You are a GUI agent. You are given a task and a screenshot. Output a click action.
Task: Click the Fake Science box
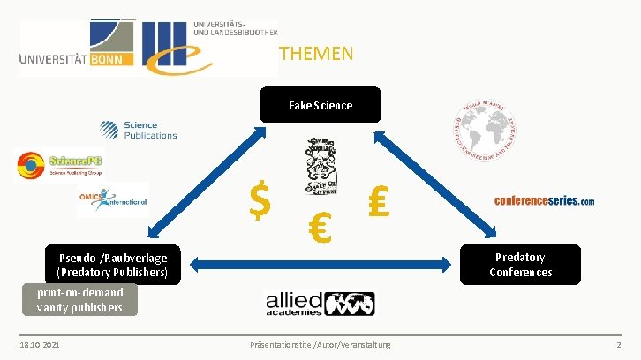coord(320,105)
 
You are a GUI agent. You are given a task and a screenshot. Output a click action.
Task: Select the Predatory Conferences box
coord(520,264)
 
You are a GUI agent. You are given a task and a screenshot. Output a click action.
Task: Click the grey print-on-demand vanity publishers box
coord(79,299)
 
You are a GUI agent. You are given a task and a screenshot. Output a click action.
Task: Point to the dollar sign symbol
coord(260,200)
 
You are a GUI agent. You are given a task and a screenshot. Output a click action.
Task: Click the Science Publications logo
coord(142,131)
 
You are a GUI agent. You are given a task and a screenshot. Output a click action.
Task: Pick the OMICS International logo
coord(112,199)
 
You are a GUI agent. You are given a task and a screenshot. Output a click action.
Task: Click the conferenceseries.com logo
coord(544,200)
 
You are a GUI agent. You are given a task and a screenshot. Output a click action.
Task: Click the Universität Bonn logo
coord(78,48)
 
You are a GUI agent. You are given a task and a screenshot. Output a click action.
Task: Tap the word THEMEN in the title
coord(315,54)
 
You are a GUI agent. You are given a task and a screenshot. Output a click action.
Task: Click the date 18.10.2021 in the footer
coord(41,342)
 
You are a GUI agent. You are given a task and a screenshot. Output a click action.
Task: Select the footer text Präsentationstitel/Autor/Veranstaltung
coord(320,342)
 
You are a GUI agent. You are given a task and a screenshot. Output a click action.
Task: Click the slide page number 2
coord(618,342)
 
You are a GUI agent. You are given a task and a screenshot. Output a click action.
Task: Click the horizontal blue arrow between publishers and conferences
coord(320,263)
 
